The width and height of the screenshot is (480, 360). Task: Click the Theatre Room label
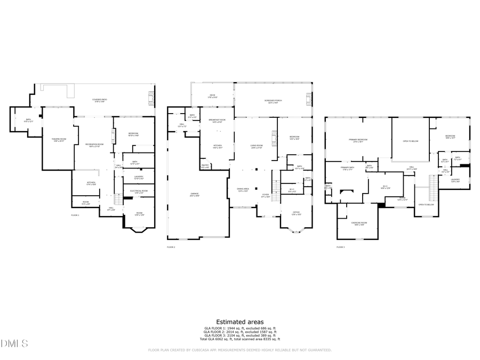[x=58, y=140]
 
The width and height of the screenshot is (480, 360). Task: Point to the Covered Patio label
[x=100, y=100]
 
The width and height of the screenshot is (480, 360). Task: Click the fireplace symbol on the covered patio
[x=151, y=98]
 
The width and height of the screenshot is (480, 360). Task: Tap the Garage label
[x=198, y=194]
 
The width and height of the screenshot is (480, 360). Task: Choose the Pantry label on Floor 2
[x=205, y=166]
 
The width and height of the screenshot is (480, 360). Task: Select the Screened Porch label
[x=273, y=101]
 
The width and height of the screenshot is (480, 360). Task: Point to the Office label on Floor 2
[x=296, y=213]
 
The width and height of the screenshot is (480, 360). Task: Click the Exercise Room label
[x=358, y=223]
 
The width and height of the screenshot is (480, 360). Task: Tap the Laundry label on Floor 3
[x=455, y=180]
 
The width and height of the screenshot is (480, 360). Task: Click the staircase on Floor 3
[x=433, y=185]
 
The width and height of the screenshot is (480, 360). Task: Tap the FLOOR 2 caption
[x=171, y=247]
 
